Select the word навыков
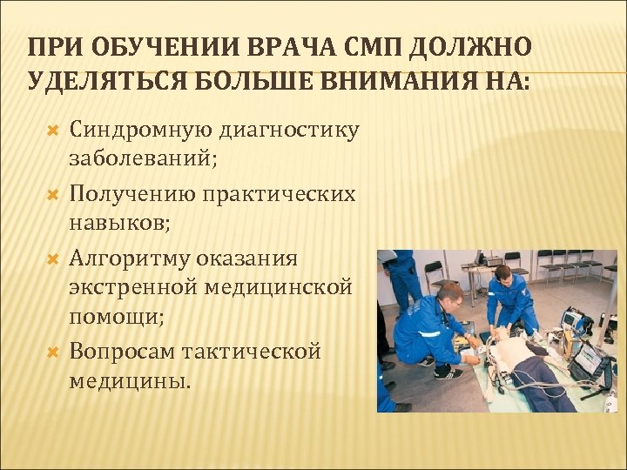pos(119,225)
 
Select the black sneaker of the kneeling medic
pos(448,373)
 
